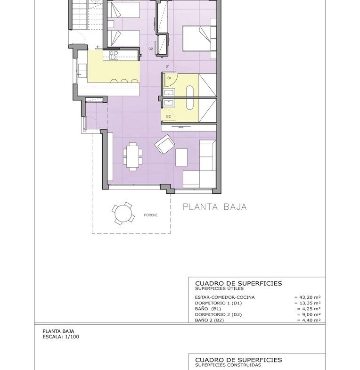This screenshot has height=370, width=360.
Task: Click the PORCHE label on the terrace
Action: click(150, 215)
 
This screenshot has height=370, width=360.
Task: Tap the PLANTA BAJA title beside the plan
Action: click(215, 207)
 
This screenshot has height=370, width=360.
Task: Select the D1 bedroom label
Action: click(167, 66)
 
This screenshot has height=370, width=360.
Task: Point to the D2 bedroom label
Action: click(150, 49)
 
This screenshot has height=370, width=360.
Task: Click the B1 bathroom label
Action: click(169, 78)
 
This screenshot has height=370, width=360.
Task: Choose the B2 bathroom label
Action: click(168, 116)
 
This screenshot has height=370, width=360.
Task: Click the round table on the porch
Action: click(123, 214)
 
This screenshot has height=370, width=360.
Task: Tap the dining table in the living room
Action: click(132, 156)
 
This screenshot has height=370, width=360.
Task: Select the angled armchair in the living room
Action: click(164, 144)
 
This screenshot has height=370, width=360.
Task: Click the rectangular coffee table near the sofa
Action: click(181, 157)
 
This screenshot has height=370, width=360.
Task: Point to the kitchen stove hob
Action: click(114, 55)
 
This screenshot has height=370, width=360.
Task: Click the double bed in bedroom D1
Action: click(199, 39)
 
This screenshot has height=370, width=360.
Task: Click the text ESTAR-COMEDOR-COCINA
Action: click(225, 297)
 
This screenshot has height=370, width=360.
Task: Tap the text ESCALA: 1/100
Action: click(61, 337)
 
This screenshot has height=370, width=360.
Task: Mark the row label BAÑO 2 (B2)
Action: click(209, 320)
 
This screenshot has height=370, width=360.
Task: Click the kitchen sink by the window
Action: click(82, 71)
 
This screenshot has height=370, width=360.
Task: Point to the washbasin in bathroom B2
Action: click(169, 103)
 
